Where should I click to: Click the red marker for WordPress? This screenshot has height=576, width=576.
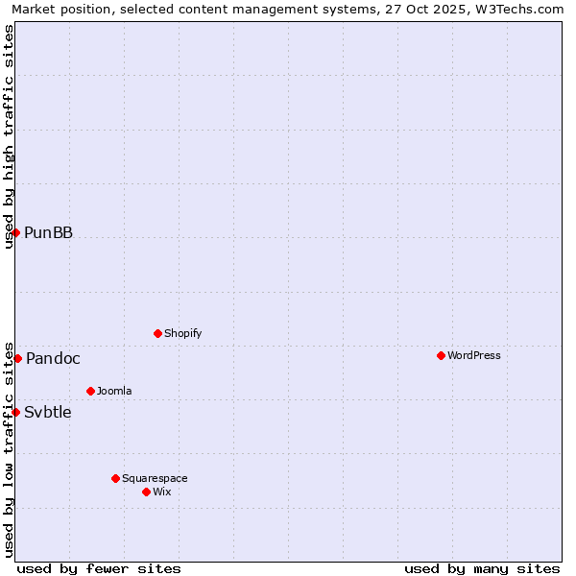tap(441, 355)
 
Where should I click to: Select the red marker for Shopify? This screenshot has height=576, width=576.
tap(157, 333)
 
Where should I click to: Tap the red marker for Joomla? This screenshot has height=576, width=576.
tap(90, 391)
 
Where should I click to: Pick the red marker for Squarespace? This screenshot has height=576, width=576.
tap(115, 478)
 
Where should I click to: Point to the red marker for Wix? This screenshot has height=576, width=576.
tap(146, 492)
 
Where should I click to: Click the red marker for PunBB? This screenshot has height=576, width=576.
tap(15, 232)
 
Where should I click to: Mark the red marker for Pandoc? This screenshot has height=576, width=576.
tap(17, 358)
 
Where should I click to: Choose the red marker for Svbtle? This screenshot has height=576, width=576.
tap(15, 412)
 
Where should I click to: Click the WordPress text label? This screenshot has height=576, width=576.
tap(474, 355)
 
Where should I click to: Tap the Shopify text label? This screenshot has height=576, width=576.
tap(182, 333)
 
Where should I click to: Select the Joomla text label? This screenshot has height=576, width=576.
tap(114, 391)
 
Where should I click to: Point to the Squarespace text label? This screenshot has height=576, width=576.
tap(155, 478)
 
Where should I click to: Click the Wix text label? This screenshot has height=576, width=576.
tap(161, 492)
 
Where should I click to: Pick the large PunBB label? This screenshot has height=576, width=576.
tap(48, 232)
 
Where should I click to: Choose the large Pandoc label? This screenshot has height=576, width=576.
tap(53, 358)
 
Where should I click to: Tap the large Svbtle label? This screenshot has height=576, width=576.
tap(48, 412)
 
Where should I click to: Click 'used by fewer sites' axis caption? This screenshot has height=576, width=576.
tap(99, 568)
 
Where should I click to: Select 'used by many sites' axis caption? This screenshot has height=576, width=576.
tap(482, 568)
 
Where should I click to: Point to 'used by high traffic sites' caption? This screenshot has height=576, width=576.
tap(9, 136)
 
